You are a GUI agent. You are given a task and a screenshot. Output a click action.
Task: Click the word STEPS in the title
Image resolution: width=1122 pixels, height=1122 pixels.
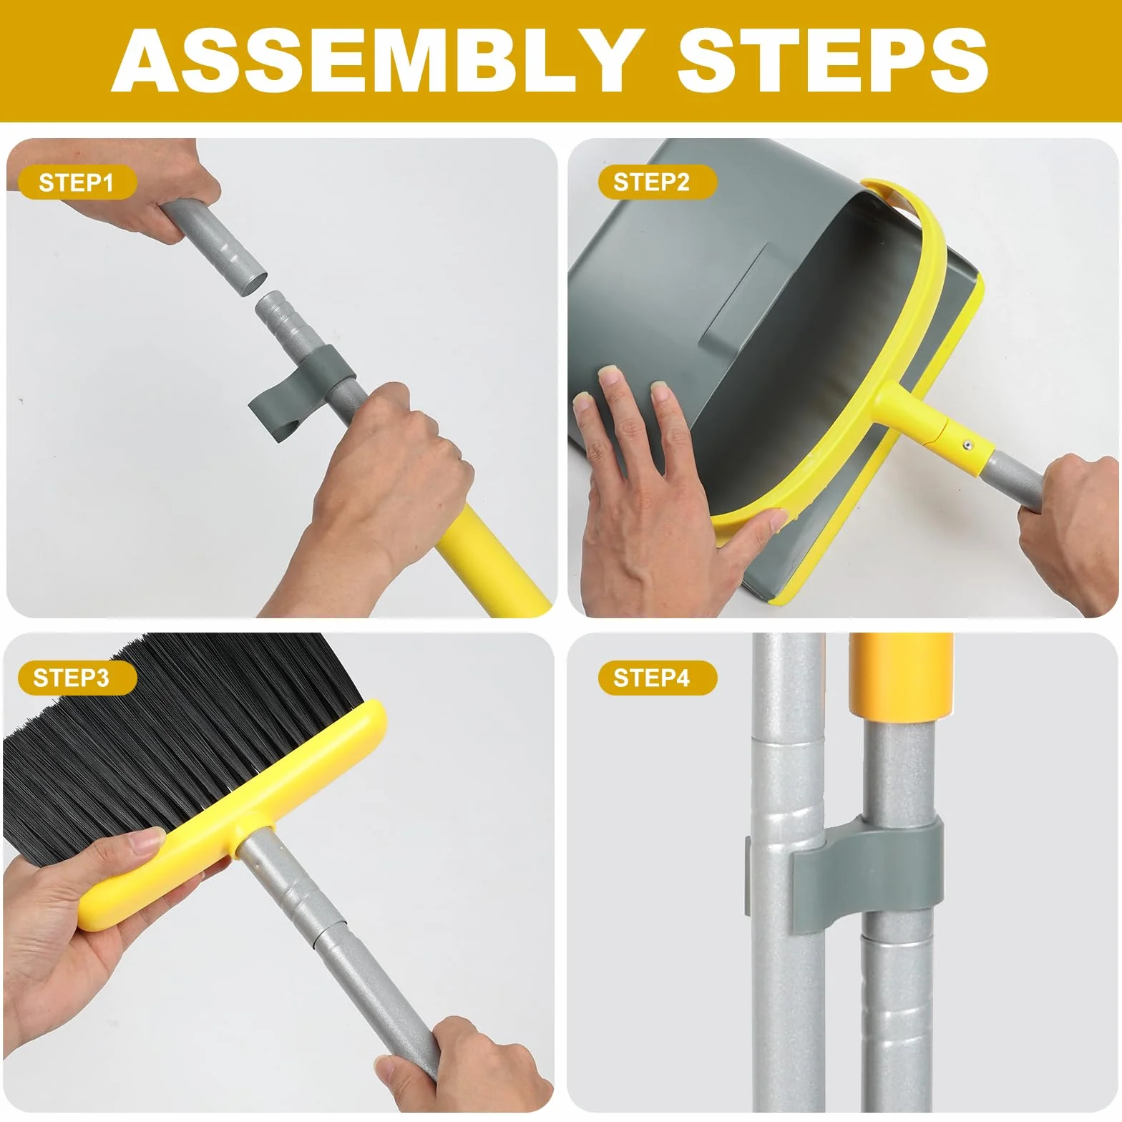pos(832,60)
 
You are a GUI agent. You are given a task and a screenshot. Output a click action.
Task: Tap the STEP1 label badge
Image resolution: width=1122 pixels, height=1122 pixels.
pos(77,182)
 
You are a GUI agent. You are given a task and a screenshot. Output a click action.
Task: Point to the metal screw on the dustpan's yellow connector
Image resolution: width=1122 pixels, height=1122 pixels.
pos(965,446)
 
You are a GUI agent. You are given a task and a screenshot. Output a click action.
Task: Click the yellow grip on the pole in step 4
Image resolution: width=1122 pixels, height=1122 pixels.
pos(900,676)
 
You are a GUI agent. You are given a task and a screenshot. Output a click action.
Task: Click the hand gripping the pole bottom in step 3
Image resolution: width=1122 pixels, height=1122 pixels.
pos(465,1066)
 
